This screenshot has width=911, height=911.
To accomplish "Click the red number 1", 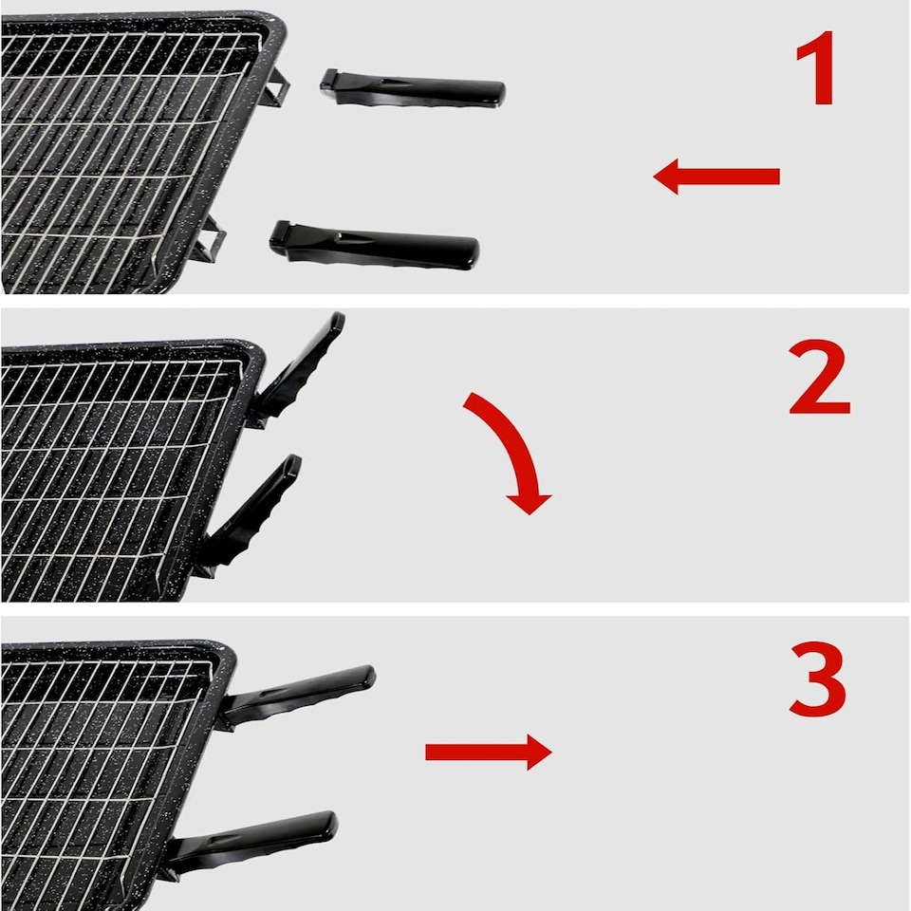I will click(x=818, y=69).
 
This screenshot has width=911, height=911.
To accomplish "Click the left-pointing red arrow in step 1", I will click(x=716, y=177).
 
